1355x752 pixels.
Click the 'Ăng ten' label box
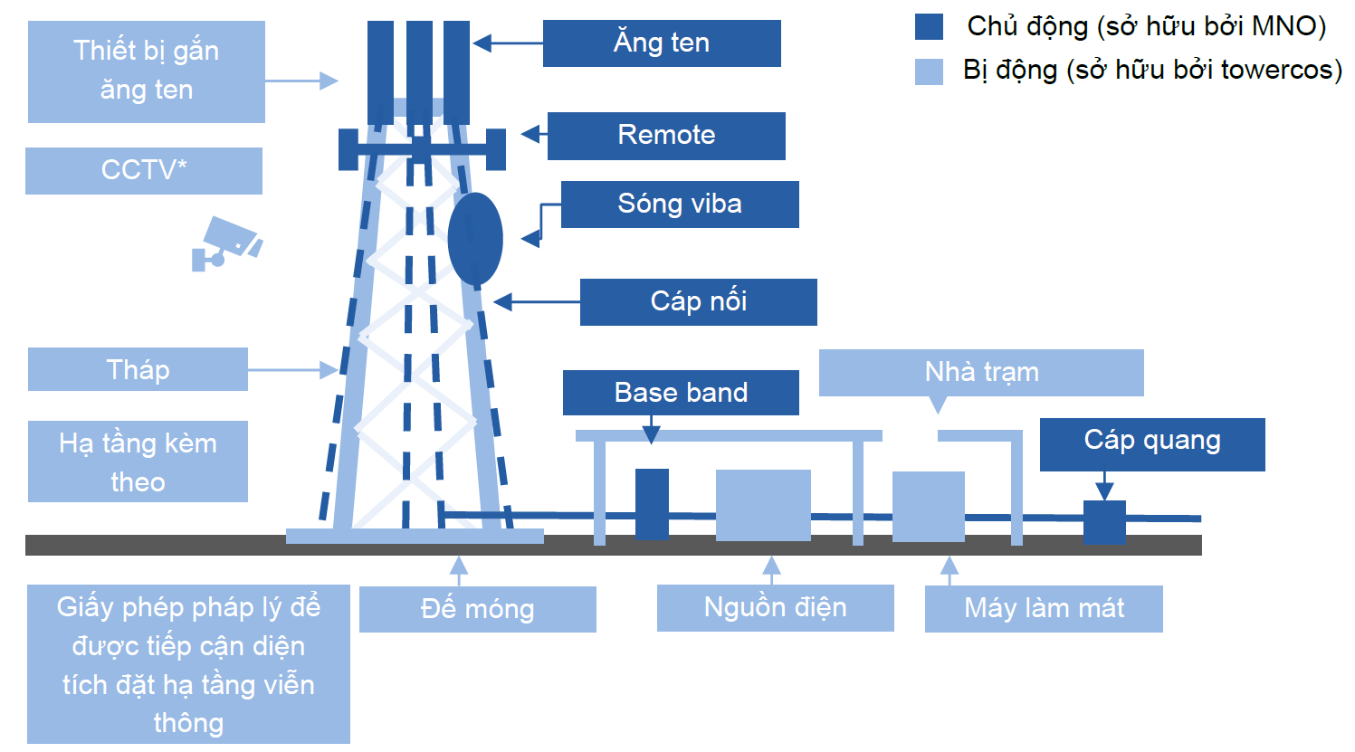[662, 43]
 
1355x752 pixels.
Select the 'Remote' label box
[666, 136]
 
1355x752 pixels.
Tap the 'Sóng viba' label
[680, 204]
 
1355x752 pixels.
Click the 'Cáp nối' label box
[698, 301]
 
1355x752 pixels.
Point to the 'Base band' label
[681, 393]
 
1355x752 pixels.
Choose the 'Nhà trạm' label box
[981, 372]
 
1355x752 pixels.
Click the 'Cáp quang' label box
[1152, 443]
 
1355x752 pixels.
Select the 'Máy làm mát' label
[1044, 608]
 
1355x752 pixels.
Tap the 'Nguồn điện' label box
[775, 607]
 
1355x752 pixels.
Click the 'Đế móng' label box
[477, 609]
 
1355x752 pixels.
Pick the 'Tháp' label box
[138, 369]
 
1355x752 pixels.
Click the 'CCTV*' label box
[144, 170]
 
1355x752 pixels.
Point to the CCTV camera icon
[226, 243]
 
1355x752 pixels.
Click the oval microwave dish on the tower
[475, 239]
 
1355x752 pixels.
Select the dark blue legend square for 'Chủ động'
[930, 26]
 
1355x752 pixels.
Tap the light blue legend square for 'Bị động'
[930, 71]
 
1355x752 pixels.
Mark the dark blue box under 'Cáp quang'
[1104, 521]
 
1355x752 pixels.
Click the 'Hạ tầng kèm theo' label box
[138, 462]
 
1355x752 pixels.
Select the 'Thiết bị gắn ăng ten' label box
[147, 71]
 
